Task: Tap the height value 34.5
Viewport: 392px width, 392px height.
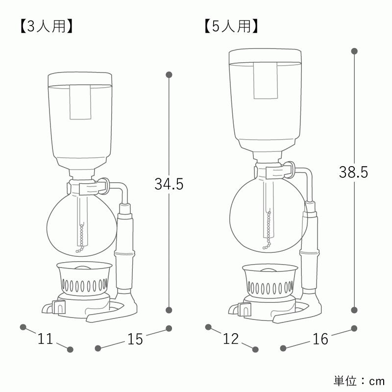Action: point(169,184)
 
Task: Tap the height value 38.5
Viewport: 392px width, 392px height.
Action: point(353,172)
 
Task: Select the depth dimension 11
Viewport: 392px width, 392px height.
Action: point(45,339)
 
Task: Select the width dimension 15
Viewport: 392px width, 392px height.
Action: point(135,339)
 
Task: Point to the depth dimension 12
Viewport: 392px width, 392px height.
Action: point(231,339)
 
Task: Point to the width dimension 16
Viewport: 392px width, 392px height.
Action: point(320,339)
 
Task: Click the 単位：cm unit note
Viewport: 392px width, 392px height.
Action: point(359,381)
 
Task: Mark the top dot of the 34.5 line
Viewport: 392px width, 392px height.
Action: point(169,74)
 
